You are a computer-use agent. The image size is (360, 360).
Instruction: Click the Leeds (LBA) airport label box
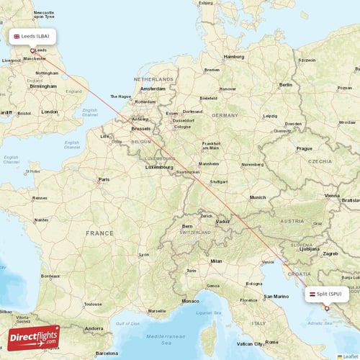click(x=32, y=36)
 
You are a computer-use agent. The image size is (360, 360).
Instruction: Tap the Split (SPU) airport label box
click(x=328, y=294)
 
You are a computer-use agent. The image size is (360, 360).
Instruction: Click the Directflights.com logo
click(x=34, y=338)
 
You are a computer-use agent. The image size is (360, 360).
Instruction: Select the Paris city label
click(x=104, y=179)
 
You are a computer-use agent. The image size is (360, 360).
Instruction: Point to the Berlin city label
click(x=285, y=84)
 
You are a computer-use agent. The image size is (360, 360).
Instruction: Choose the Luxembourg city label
click(x=160, y=166)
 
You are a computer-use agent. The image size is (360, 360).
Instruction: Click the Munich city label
click(x=257, y=197)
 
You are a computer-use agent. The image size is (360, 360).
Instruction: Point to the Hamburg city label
click(x=234, y=56)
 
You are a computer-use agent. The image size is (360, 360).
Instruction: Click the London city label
click(x=49, y=112)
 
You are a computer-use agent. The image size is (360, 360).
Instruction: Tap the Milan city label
click(x=216, y=261)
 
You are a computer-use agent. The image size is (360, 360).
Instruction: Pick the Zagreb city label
click(x=330, y=253)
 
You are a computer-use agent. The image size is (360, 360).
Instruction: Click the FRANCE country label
click(x=99, y=233)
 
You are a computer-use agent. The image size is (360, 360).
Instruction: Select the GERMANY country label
click(x=225, y=115)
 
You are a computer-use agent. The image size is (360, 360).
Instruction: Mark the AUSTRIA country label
click(x=292, y=221)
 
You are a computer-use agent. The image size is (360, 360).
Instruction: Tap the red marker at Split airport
click(x=326, y=308)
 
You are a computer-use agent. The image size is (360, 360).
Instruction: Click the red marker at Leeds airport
click(x=32, y=50)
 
